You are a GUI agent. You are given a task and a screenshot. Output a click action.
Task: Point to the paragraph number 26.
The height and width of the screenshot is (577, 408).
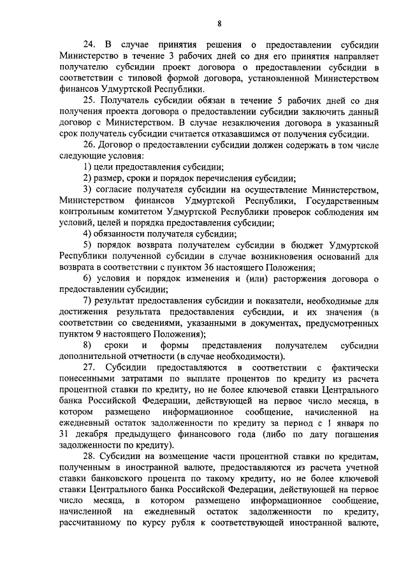tap(89, 145)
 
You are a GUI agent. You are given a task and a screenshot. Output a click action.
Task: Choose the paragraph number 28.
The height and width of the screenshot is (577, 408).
tap(89, 457)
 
